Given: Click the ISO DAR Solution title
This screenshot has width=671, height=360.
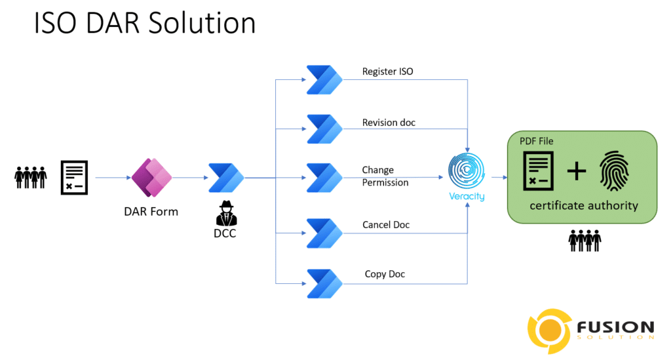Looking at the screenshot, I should (x=144, y=24).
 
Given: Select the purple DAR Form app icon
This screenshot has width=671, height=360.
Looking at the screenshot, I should (x=151, y=177).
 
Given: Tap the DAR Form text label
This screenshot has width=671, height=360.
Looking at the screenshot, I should (x=151, y=211).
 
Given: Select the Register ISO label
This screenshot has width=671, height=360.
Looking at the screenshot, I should (x=388, y=71).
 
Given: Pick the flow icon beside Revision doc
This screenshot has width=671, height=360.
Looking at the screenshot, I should (x=324, y=129).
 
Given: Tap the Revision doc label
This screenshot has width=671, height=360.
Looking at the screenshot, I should (x=389, y=123).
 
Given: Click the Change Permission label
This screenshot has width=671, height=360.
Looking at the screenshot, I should (x=385, y=176).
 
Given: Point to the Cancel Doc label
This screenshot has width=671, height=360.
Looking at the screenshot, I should (x=386, y=225).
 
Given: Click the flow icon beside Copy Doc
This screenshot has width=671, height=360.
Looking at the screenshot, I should (x=324, y=283).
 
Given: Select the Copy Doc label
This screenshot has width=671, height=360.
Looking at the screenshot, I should (x=385, y=274).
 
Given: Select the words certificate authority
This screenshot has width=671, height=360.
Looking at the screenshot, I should (x=584, y=206).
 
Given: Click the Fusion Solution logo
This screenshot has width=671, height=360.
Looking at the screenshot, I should (x=590, y=332).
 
